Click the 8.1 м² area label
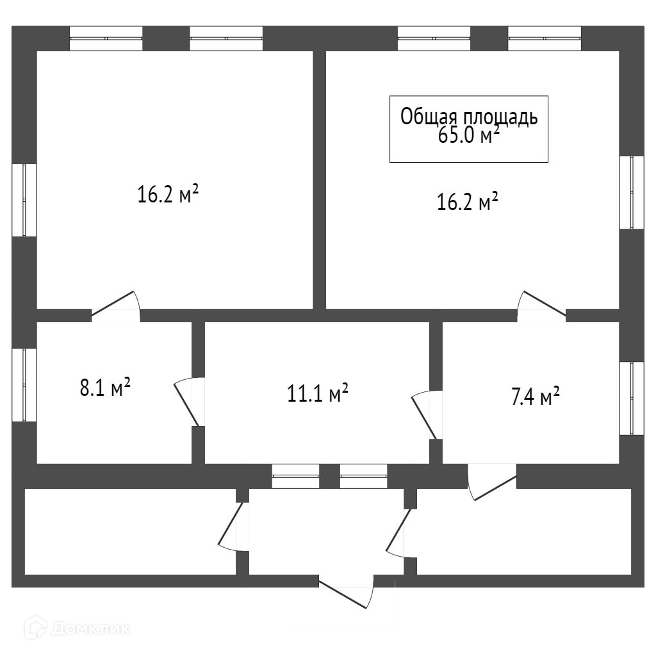[x=106, y=388]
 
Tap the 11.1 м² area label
[x=318, y=393]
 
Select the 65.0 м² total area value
[x=468, y=136]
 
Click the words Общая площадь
[x=469, y=117]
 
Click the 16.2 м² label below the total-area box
[x=468, y=203]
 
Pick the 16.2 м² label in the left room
[x=167, y=193]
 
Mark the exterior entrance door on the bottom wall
[x=346, y=593]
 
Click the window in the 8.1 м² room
[x=25, y=385]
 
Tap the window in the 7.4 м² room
[x=632, y=398]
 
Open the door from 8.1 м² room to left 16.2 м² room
[x=116, y=304]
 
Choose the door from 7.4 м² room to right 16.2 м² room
[x=542, y=304]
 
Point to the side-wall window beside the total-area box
[x=632, y=192]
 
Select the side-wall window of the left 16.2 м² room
[x=25, y=201]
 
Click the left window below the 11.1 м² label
[x=295, y=476]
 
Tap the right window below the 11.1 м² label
[x=363, y=476]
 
